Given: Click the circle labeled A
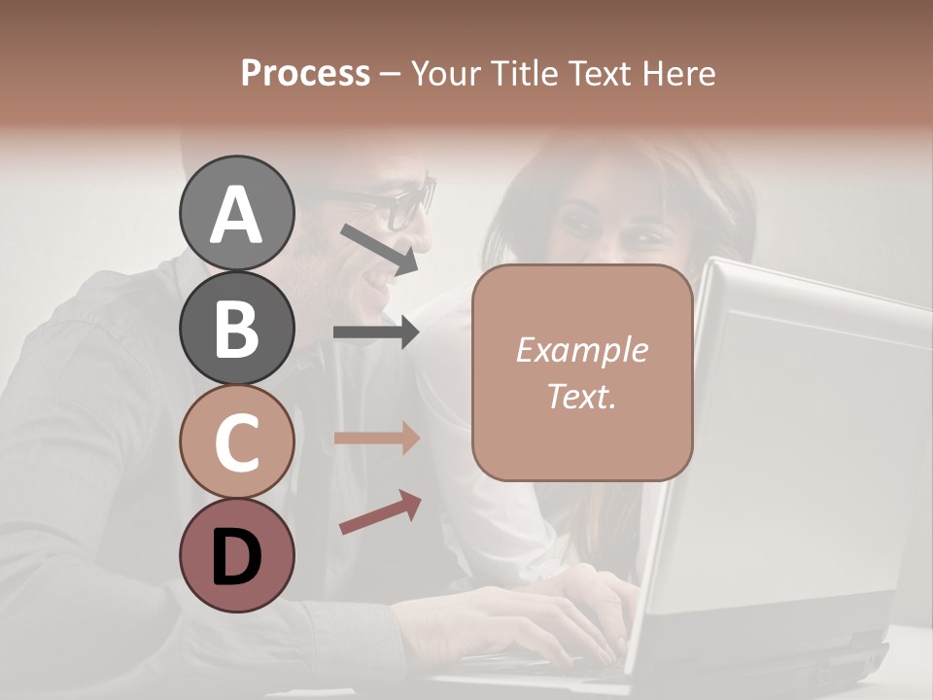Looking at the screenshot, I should point(236,213).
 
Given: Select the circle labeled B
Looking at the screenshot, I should point(236,328).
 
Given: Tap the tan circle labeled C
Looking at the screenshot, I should point(236,442).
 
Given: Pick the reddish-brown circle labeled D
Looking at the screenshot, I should point(236,555).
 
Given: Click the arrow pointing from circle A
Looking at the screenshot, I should point(379,247).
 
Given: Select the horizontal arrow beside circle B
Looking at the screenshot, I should point(376,332).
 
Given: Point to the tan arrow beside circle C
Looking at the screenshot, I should point(376,437).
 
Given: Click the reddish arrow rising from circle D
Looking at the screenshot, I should point(380,512).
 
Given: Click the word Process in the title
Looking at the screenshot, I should point(305,73).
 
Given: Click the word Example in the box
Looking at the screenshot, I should point(581,350).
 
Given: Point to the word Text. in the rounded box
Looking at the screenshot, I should point(581,396).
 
